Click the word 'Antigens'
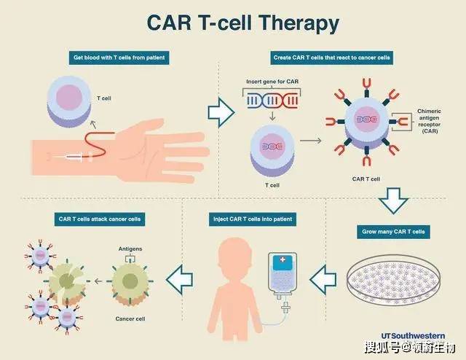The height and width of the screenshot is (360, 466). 130,249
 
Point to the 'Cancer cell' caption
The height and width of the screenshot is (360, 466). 132,319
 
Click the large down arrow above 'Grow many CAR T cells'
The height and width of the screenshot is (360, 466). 393,199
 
